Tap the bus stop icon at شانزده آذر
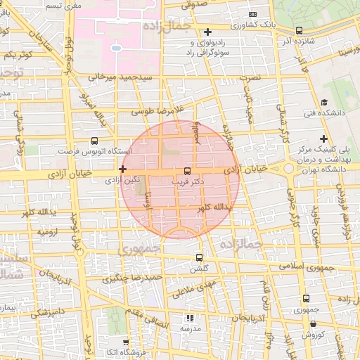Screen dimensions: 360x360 [x=300, y=30]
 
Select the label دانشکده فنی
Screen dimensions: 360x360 [x=324, y=113]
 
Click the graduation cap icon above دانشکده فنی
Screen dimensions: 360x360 [x=324, y=101]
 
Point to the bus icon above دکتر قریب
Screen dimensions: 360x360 [x=187, y=171]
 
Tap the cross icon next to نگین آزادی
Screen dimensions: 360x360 [x=123, y=169]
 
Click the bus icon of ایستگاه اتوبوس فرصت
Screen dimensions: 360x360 [x=95, y=141]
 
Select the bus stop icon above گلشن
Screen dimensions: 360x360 [x=199, y=257]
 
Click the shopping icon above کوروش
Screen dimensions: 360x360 [x=312, y=323]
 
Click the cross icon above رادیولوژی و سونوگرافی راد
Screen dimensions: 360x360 [x=207, y=32]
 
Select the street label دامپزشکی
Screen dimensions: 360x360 [x=48, y=310]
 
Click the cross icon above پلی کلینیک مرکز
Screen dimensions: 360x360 [x=323, y=139]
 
